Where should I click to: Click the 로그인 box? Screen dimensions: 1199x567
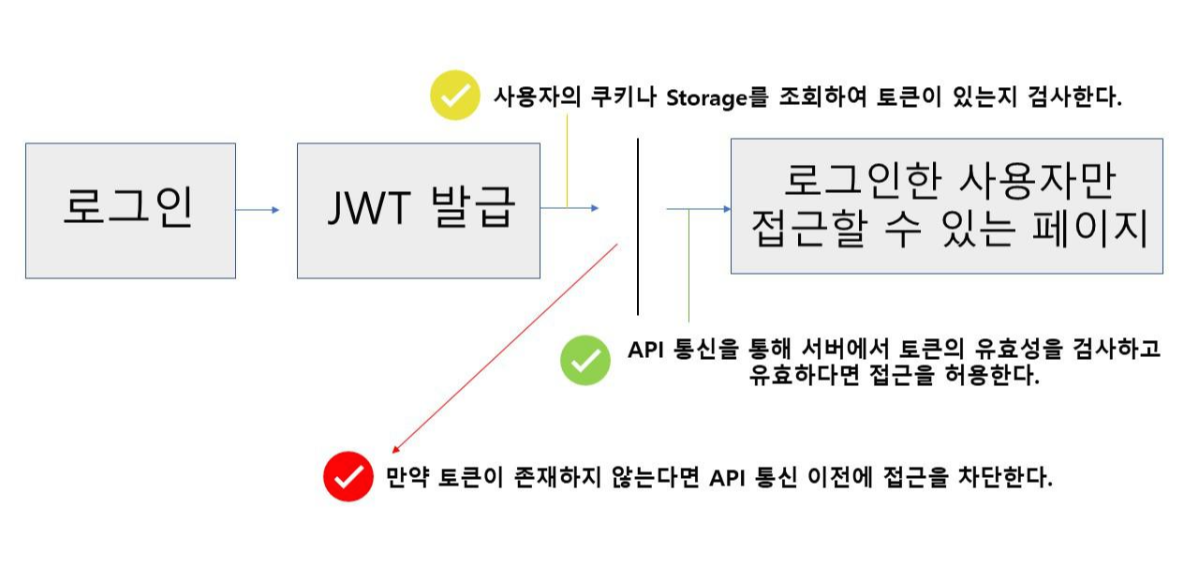pos(130,210)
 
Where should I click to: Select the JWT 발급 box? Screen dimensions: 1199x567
pos(418,210)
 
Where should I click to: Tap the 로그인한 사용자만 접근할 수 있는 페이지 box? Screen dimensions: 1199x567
pos(946,206)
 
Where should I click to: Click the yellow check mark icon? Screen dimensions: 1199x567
pos(454,97)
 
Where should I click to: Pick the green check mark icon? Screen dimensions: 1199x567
pos(585,361)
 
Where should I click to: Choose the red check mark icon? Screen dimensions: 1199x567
pos(348,477)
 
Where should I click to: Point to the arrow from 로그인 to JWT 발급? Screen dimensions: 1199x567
pos(257,210)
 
